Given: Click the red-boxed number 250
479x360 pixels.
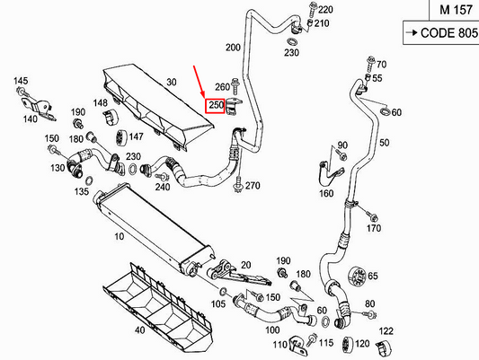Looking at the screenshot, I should pos(216,106).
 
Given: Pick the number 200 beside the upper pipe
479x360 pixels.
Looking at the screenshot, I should pos(233,47).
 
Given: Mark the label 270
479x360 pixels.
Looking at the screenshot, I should pos(252,186).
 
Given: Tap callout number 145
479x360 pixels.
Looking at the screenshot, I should pos(21,83).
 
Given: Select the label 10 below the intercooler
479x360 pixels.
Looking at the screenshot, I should pos(119,238).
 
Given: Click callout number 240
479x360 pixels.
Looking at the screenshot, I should pos(163,187).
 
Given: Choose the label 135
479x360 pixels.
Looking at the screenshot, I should pos(82,191).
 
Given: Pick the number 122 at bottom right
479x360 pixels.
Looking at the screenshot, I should pos(386,331).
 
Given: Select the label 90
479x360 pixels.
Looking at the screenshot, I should pos(341,145).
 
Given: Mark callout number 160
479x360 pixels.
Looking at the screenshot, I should pos(325,192).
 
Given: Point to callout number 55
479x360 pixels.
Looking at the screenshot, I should pos(377,79).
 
